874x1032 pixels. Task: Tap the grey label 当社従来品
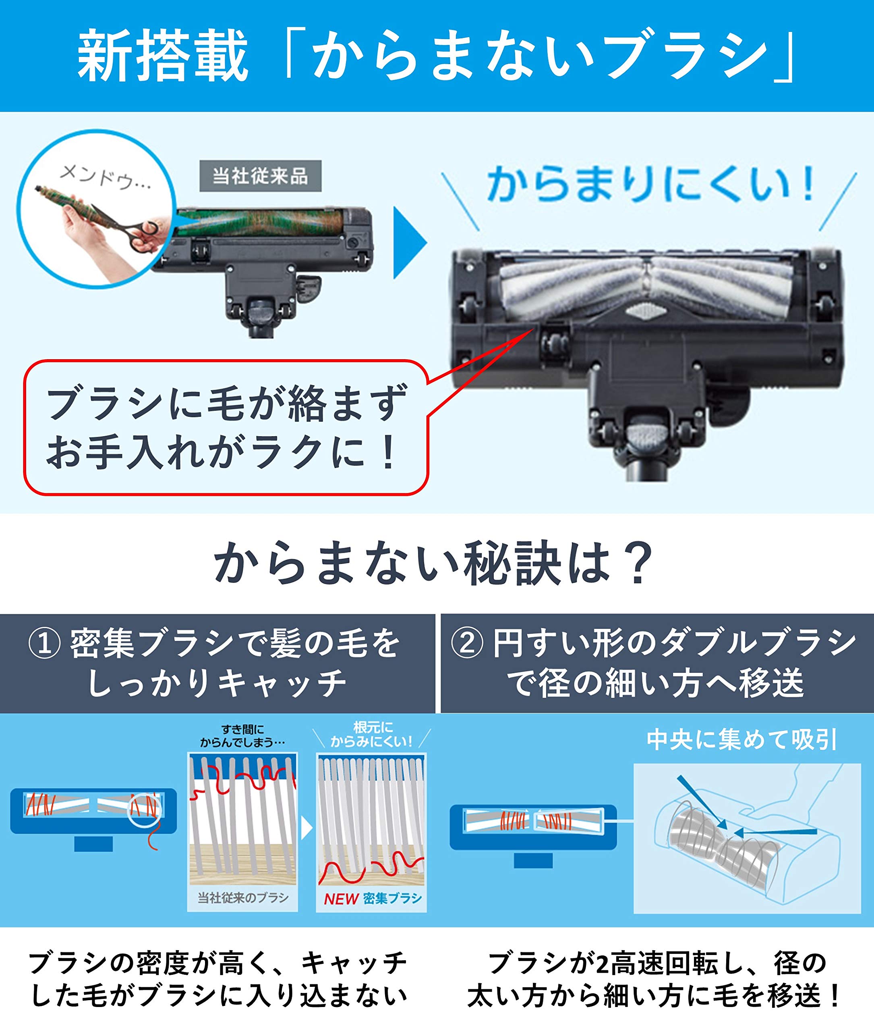tap(260, 176)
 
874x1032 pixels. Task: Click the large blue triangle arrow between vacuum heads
tap(409, 243)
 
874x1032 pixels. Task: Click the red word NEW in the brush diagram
tap(341, 899)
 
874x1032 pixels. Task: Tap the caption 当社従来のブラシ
tap(243, 898)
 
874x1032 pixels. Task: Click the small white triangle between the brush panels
tap(306, 828)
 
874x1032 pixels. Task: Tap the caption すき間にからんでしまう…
tap(242, 735)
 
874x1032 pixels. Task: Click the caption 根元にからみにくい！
tap(372, 734)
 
